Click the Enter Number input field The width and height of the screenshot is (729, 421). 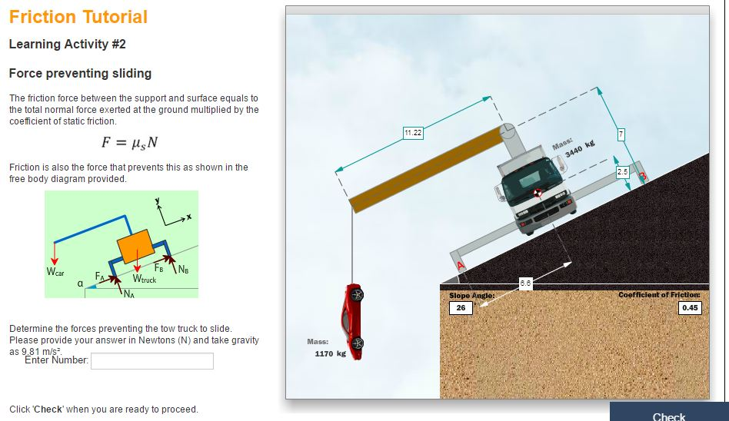(x=152, y=361)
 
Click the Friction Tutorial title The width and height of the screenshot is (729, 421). (x=78, y=17)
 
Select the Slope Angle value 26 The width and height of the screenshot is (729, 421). (x=460, y=308)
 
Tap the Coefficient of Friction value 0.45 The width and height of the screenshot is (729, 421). (x=690, y=308)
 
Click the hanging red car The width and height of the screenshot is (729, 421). (x=354, y=321)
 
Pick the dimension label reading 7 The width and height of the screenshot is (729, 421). (x=621, y=135)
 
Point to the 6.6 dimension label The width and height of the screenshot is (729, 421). (x=525, y=284)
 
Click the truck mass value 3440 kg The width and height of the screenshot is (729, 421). (x=580, y=149)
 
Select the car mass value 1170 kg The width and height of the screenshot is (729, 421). (x=330, y=354)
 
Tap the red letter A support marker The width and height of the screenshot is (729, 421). (x=462, y=265)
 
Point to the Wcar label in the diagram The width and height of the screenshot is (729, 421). (x=55, y=272)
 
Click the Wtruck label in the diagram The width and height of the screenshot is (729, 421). (x=144, y=280)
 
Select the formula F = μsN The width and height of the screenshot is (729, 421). (x=130, y=143)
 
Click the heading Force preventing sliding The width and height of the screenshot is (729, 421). (x=80, y=74)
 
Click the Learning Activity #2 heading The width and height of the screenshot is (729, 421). (x=67, y=45)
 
